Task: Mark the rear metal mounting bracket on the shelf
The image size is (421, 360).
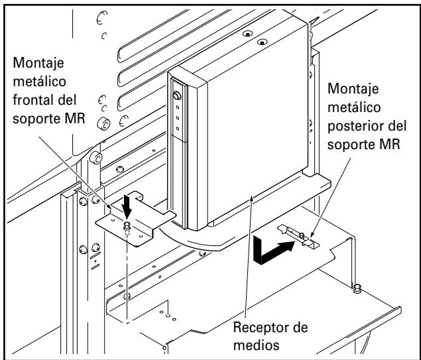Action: click(297, 237)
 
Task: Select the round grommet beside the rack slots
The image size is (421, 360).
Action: click(105, 125)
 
